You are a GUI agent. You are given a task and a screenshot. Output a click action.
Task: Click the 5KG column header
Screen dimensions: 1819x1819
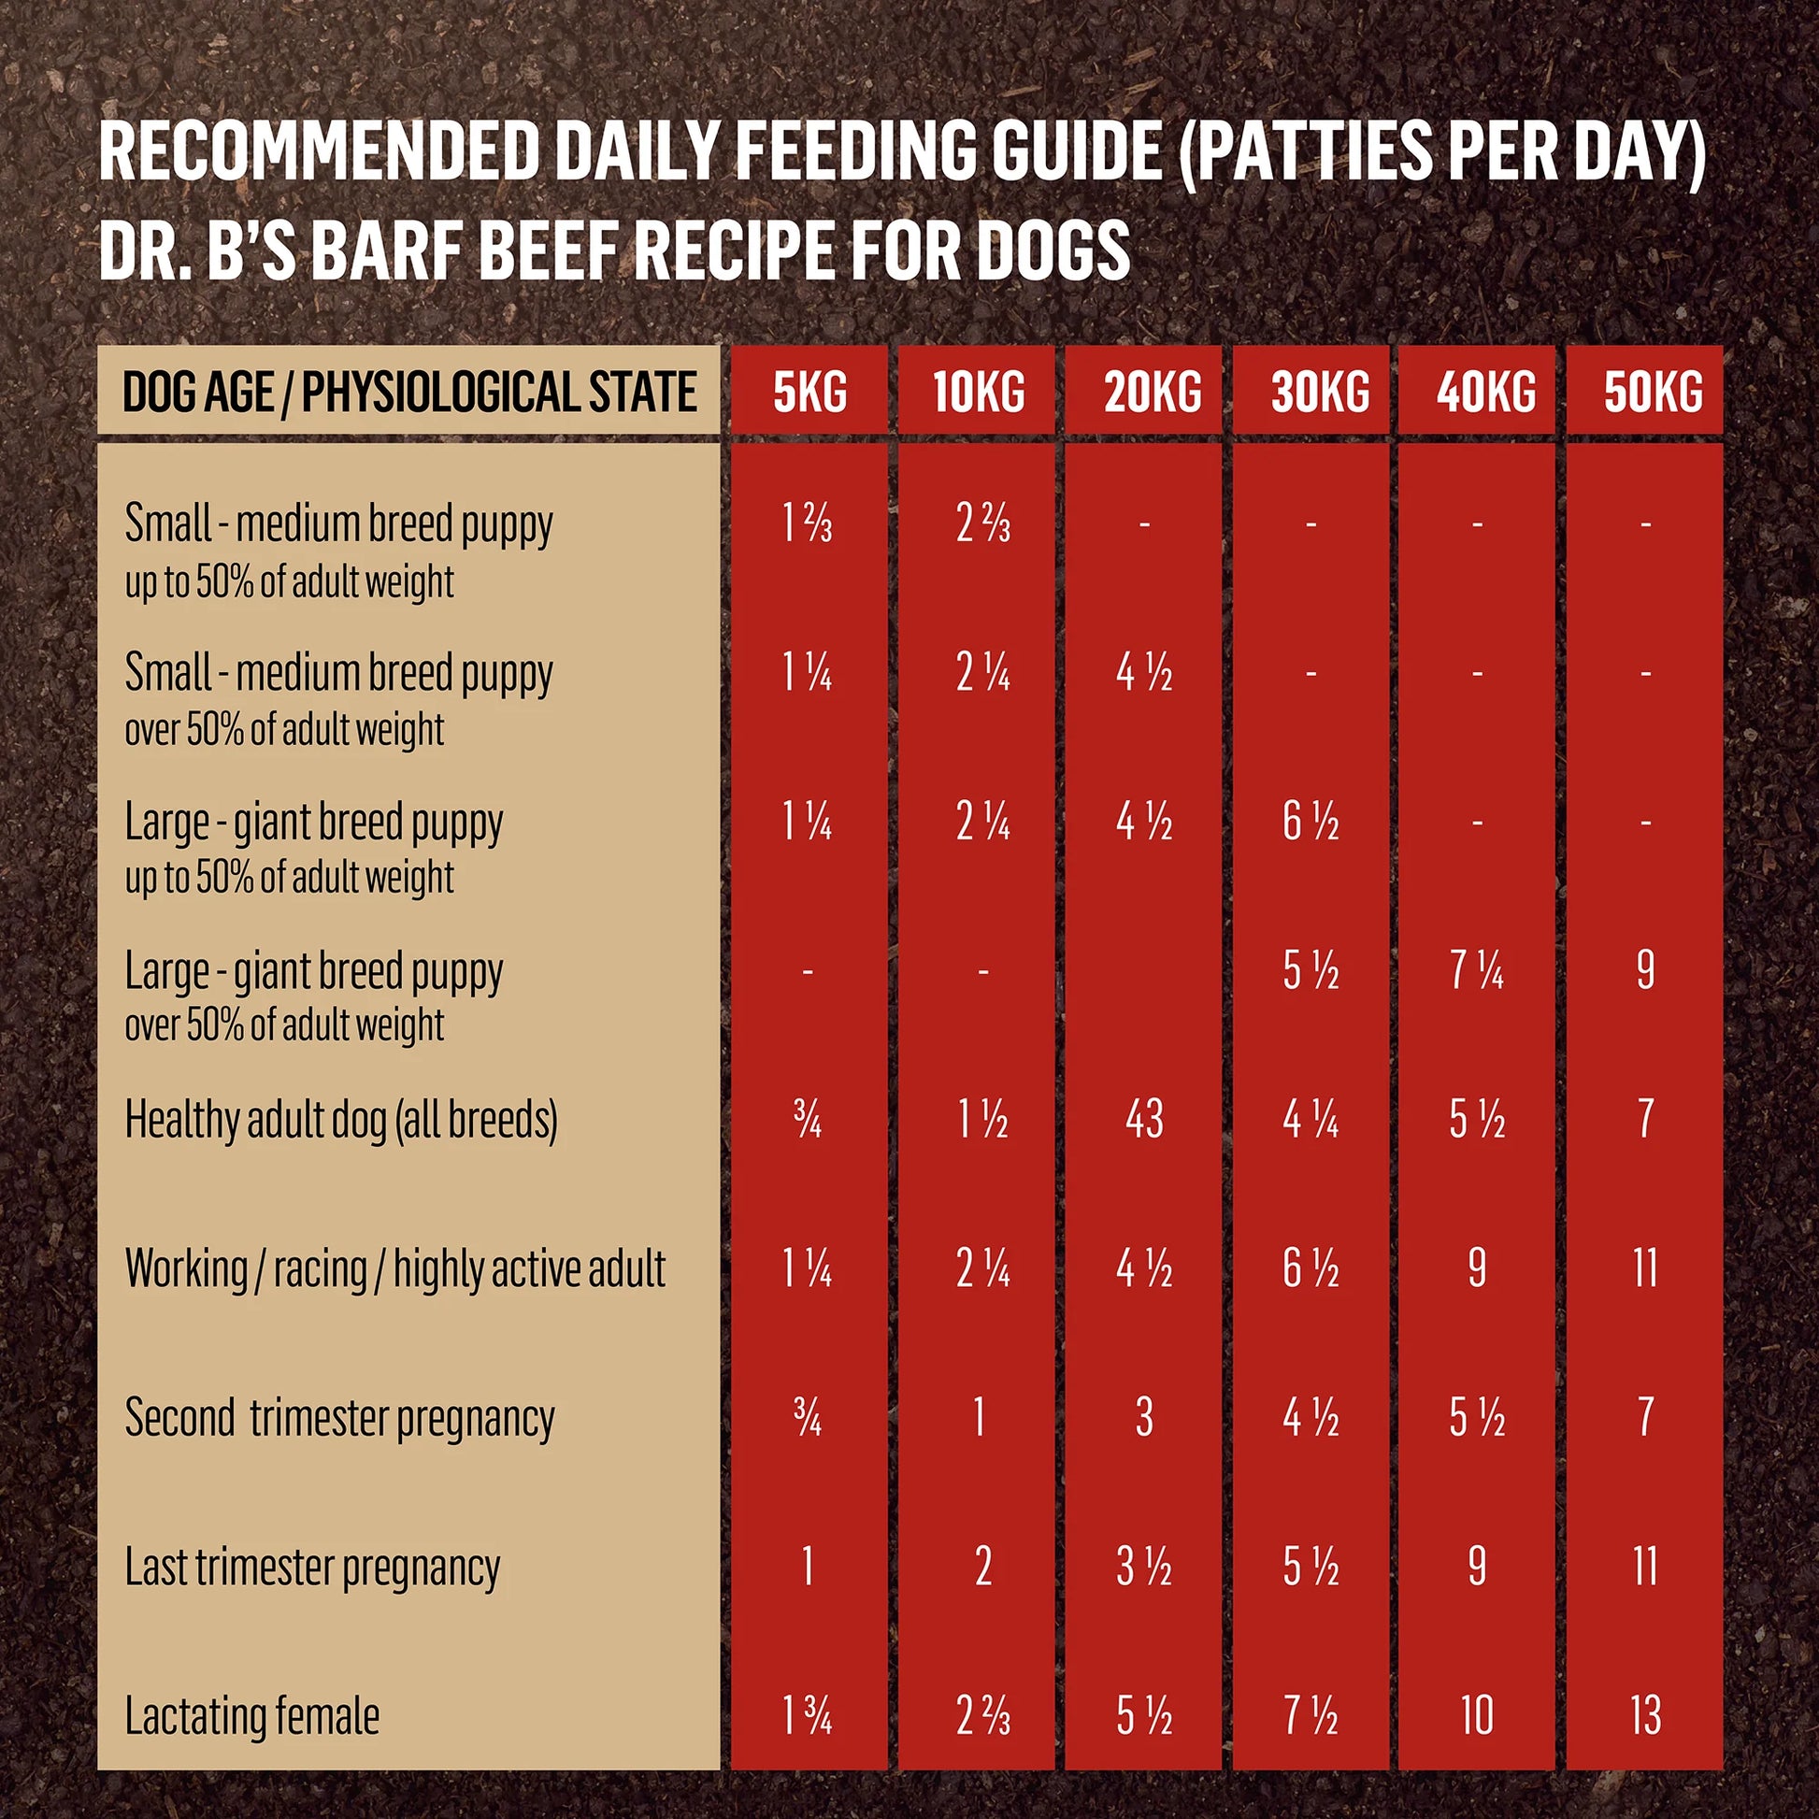pyautogui.click(x=809, y=392)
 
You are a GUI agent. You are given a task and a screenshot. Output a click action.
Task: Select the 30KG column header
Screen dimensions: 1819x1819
pyautogui.click(x=1320, y=392)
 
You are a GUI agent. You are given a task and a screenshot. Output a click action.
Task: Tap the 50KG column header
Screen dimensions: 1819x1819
pyautogui.click(x=1654, y=392)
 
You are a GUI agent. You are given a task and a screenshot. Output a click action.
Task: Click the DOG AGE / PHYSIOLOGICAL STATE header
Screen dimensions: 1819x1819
pyautogui.click(x=408, y=392)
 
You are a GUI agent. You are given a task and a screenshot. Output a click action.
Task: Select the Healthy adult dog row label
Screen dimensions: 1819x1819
pyautogui.click(x=341, y=1120)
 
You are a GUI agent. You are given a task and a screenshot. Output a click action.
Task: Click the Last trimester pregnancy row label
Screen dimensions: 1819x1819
pyautogui.click(x=312, y=1567)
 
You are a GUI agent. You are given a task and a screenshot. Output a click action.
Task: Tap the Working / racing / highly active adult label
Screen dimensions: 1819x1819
pyautogui.click(x=394, y=1268)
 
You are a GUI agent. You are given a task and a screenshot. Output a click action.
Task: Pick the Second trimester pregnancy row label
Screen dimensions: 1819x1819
pyautogui.click(x=339, y=1417)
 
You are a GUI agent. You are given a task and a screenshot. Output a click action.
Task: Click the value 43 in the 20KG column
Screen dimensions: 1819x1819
pyautogui.click(x=1144, y=1120)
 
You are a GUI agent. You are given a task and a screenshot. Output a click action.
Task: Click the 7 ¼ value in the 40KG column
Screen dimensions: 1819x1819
pyautogui.click(x=1476, y=970)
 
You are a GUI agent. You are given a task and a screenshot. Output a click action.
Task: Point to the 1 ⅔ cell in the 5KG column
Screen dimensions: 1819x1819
pyautogui.click(x=808, y=524)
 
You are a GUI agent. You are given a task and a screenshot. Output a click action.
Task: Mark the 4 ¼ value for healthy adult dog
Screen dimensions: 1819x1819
pyautogui.click(x=1311, y=1120)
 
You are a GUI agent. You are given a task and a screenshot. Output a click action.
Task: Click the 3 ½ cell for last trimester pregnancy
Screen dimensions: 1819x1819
pyautogui.click(x=1144, y=1567)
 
